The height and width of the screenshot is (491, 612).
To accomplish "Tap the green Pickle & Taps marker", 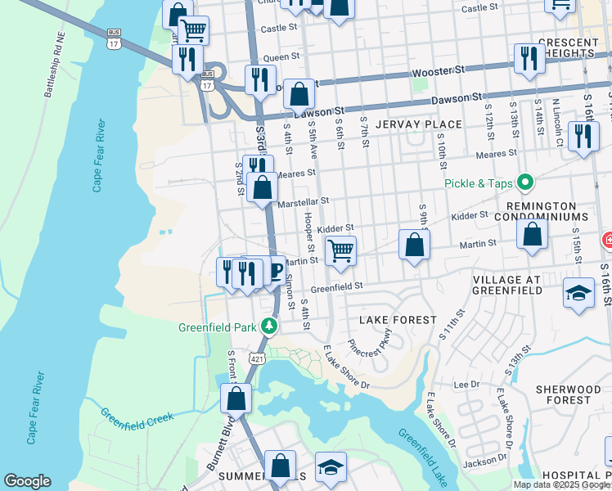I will click(525, 182).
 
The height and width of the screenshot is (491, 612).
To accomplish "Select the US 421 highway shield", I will click(258, 358).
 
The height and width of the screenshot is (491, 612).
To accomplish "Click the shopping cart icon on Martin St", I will click(340, 251).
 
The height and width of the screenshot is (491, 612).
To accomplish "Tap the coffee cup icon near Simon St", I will click(275, 271).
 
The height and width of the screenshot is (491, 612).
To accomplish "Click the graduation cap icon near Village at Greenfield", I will click(578, 293).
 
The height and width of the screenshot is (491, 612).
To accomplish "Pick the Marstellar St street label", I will click(303, 200).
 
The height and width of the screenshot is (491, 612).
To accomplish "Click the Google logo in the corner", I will click(27, 481).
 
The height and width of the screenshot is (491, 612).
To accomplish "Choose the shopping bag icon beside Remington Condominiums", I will click(533, 235).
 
